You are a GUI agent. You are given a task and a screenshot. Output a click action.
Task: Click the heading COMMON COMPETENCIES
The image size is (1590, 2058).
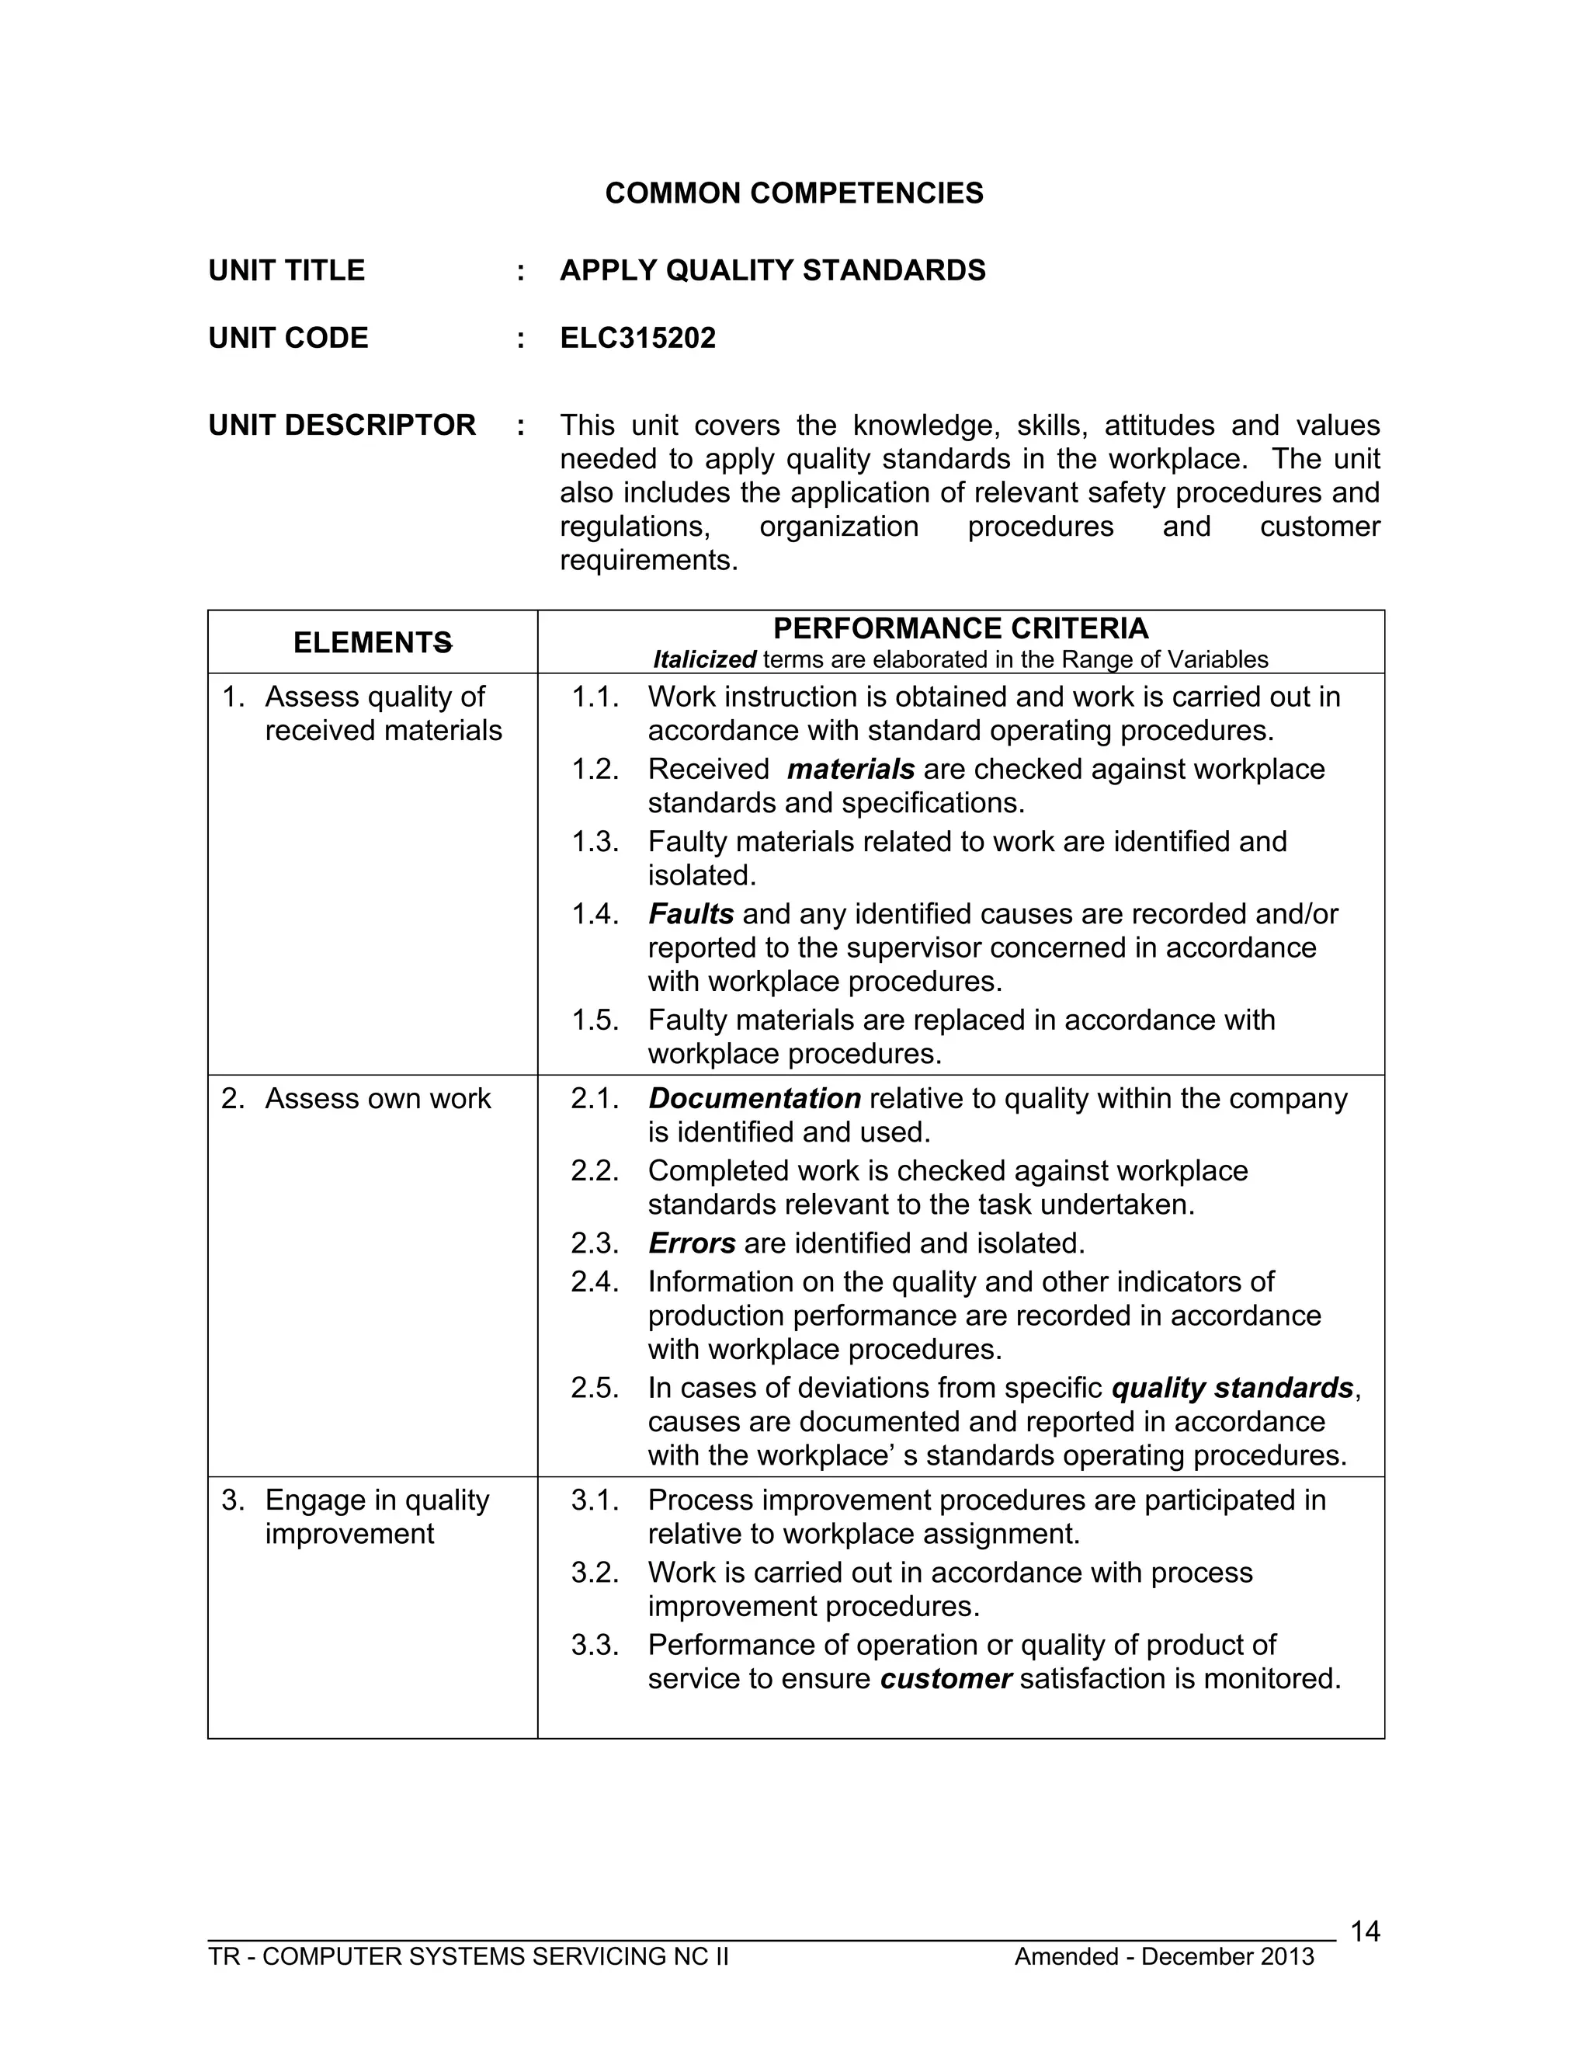[793, 193]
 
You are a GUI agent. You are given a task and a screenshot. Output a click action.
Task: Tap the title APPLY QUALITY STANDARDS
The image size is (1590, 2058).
[772, 270]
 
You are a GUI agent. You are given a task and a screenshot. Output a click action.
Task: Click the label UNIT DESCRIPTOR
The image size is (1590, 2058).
[342, 425]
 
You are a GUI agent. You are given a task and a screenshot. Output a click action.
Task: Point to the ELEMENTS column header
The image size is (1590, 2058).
[372, 643]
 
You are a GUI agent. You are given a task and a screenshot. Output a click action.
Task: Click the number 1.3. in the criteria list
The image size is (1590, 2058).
[595, 842]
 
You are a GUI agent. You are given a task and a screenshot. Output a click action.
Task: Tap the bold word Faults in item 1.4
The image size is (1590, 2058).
[690, 914]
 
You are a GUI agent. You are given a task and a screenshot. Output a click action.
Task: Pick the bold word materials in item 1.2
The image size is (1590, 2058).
[851, 769]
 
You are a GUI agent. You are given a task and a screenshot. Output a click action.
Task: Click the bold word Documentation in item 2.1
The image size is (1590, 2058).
[755, 1099]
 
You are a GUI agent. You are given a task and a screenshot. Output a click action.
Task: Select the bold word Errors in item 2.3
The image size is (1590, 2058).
[692, 1244]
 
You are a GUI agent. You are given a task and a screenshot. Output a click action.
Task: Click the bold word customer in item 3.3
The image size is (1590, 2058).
[946, 1679]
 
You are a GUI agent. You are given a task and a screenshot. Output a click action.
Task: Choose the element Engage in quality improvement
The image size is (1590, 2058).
[376, 1517]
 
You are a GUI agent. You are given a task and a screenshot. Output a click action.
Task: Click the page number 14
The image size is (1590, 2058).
[1364, 1933]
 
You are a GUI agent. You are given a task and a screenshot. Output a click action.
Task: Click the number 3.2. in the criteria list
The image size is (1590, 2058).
[595, 1573]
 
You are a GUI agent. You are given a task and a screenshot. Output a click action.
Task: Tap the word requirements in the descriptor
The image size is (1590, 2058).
[648, 561]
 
